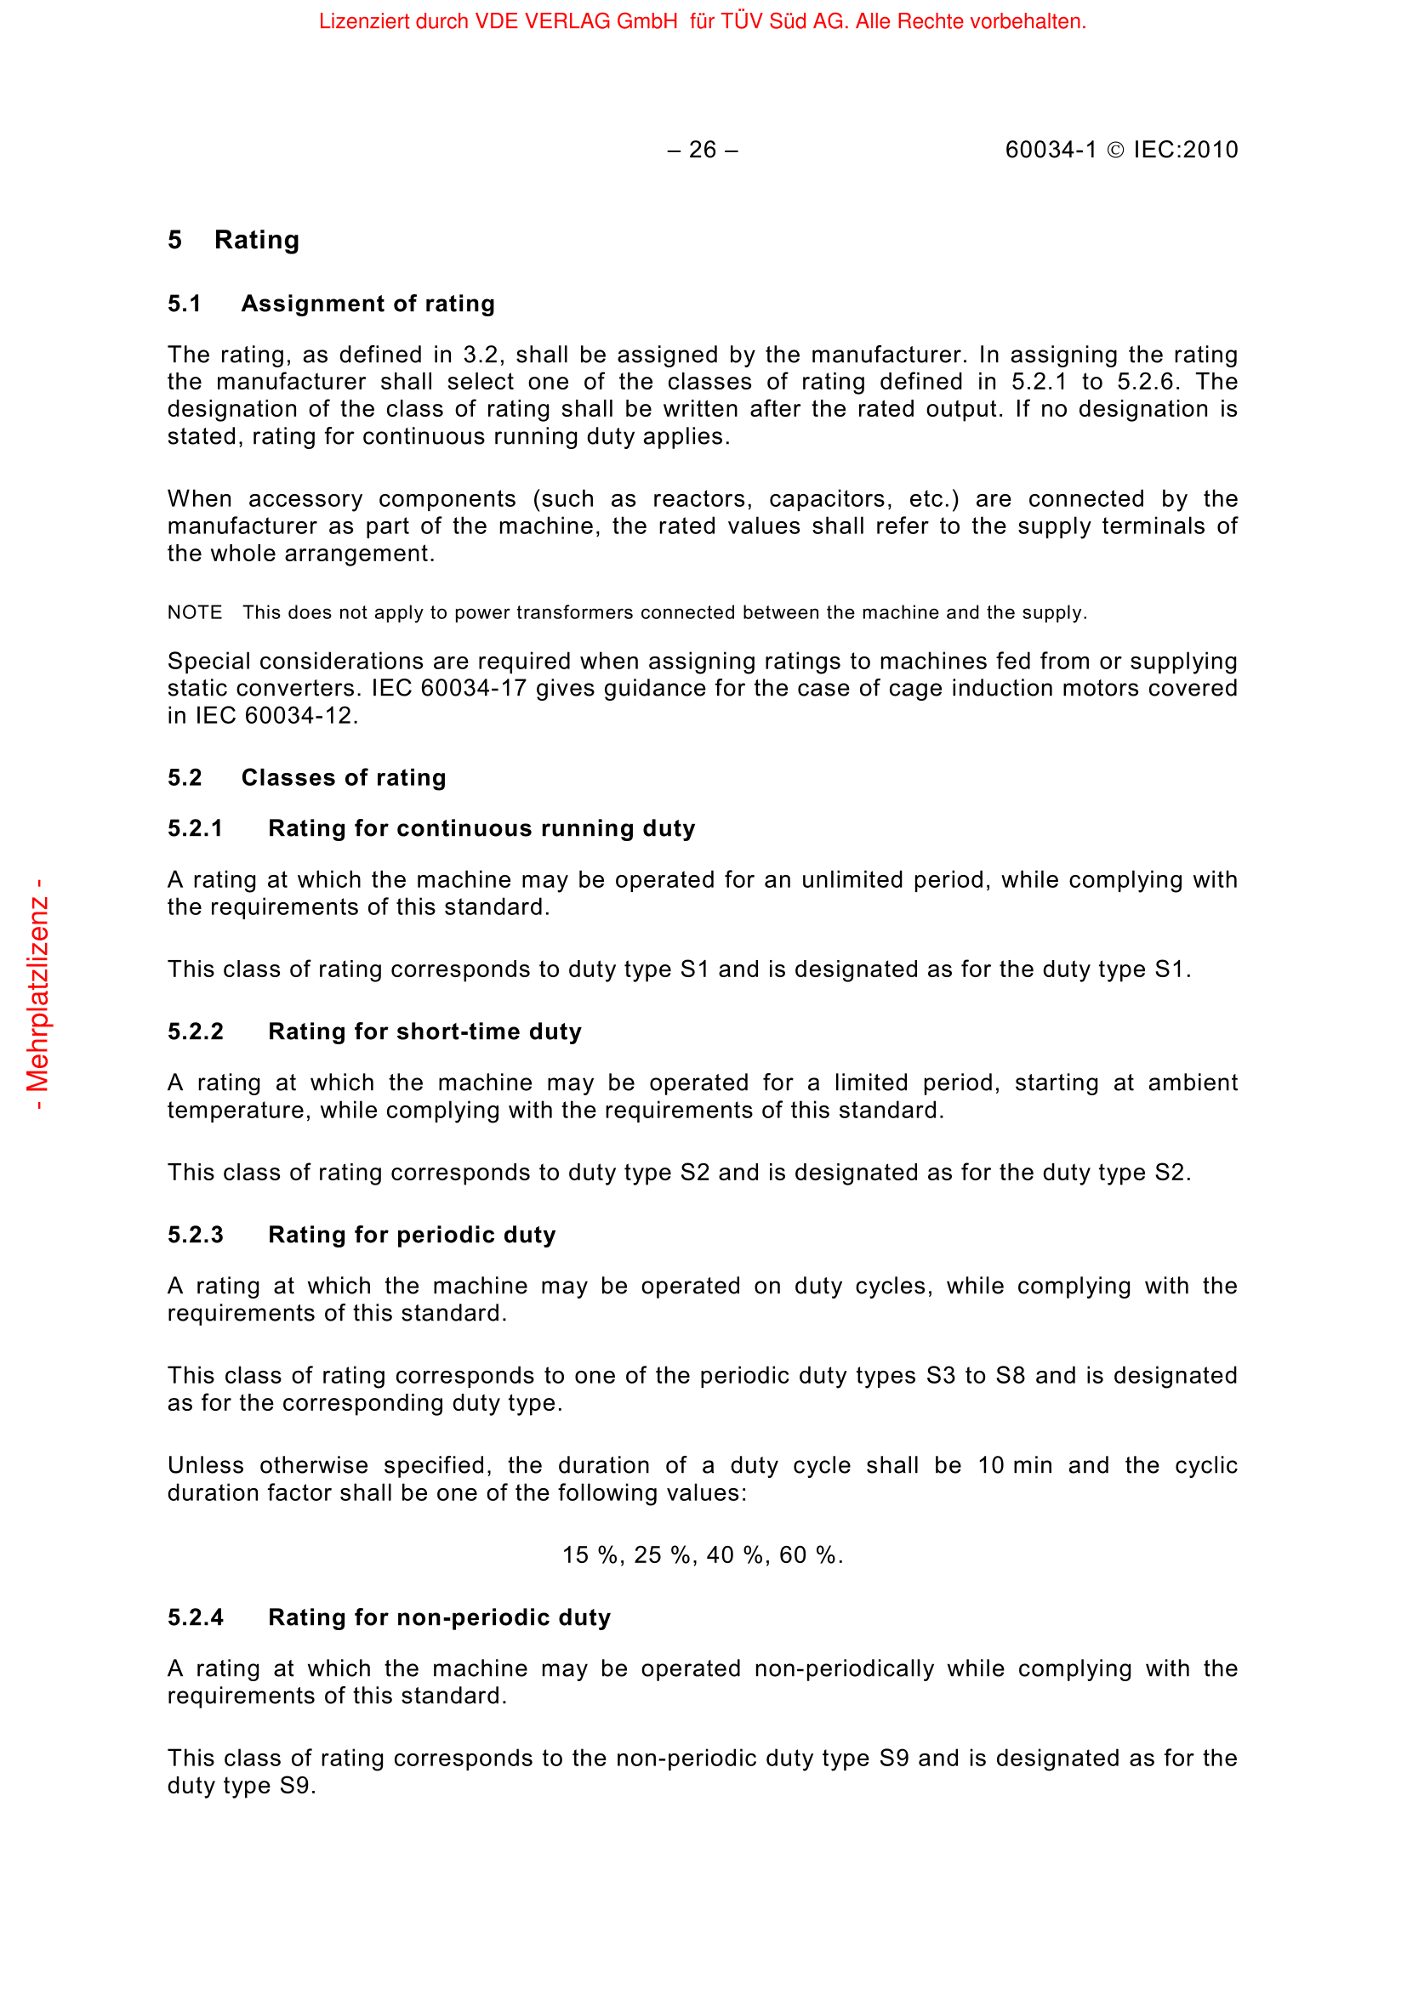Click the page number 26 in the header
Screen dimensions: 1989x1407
[x=702, y=151]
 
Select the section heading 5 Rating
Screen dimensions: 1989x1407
[x=233, y=240]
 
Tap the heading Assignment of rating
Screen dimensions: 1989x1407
[x=367, y=304]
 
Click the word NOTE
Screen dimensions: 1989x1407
[x=194, y=613]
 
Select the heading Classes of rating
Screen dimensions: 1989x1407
[x=343, y=778]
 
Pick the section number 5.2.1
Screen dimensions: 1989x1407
[x=195, y=829]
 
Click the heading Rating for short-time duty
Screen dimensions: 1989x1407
[x=424, y=1031]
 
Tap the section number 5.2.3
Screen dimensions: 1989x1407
[x=195, y=1236]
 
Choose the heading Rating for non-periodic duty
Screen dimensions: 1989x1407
[x=439, y=1618]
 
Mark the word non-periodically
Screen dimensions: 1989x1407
[x=844, y=1669]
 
